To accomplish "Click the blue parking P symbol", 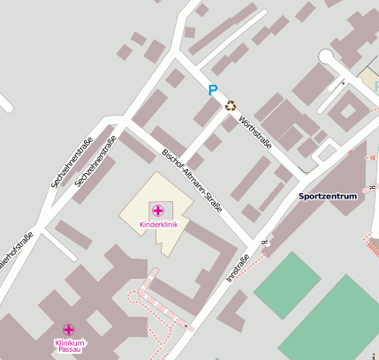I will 212,89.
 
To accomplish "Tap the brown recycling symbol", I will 231,106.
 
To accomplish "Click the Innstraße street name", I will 238,268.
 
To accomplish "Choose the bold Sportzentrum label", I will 328,195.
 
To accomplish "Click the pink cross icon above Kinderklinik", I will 158,211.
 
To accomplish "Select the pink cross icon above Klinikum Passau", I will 69,329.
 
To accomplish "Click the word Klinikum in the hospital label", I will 69,342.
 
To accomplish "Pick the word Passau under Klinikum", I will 69,350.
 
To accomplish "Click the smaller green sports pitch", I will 287,285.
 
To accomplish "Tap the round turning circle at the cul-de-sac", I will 328,58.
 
